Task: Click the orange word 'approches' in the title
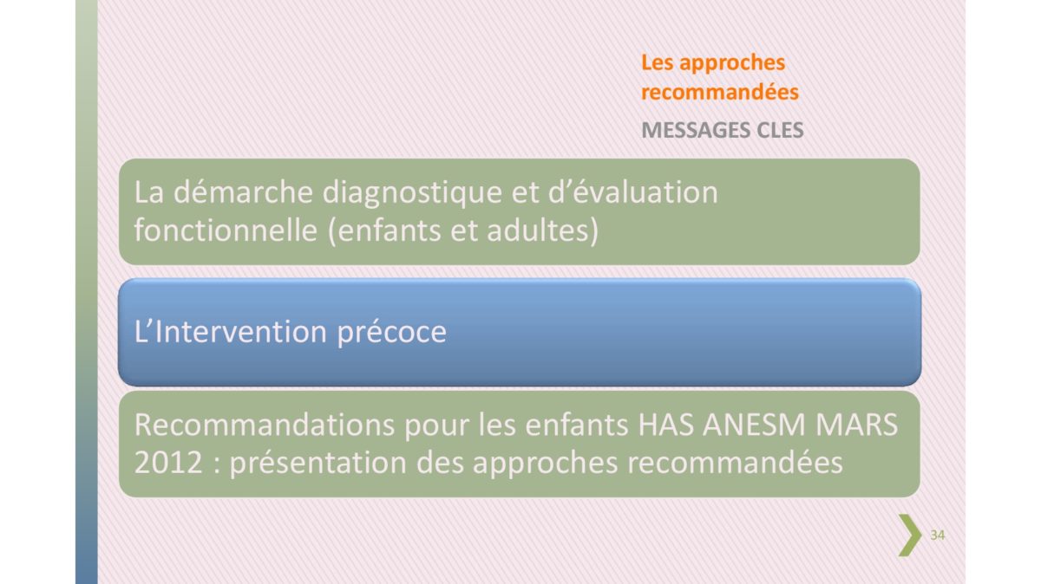pyautogui.click(x=732, y=63)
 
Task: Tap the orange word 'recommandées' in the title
pyautogui.click(x=720, y=92)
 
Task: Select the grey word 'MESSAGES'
pyautogui.click(x=695, y=131)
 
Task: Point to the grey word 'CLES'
pyautogui.click(x=780, y=131)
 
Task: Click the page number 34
pyautogui.click(x=938, y=535)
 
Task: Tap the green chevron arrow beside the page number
pyautogui.click(x=909, y=535)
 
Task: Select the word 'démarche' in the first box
pyautogui.click(x=243, y=192)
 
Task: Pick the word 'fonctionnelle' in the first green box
pyautogui.click(x=226, y=230)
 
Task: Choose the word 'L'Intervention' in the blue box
pyautogui.click(x=231, y=332)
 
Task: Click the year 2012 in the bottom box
pyautogui.click(x=168, y=463)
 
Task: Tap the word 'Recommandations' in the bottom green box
pyautogui.click(x=265, y=425)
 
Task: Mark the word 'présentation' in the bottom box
pyautogui.click(x=318, y=464)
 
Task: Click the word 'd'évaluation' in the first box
pyautogui.click(x=633, y=192)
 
